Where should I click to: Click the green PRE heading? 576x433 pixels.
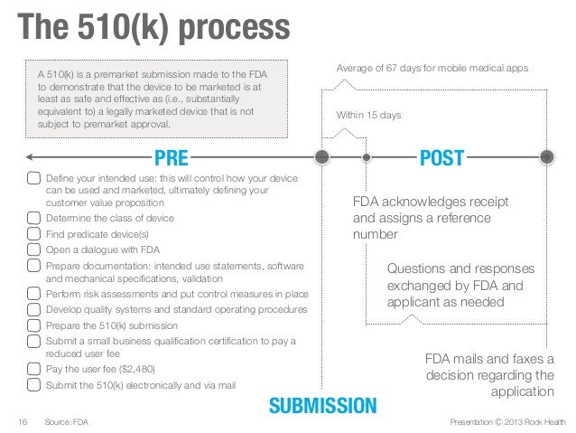171,159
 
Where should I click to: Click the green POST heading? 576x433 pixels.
441,159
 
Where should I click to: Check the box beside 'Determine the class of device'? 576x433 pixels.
33,219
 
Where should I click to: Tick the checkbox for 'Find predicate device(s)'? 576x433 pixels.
33,234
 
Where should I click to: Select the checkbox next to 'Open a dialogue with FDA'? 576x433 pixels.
33,249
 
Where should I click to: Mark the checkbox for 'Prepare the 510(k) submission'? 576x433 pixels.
33,325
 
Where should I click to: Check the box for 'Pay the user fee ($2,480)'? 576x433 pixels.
33,370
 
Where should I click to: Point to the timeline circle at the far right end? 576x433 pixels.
546,158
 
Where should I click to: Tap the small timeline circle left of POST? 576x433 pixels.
367,158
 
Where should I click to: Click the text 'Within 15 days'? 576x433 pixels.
368,116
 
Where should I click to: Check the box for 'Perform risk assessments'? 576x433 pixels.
33,295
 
